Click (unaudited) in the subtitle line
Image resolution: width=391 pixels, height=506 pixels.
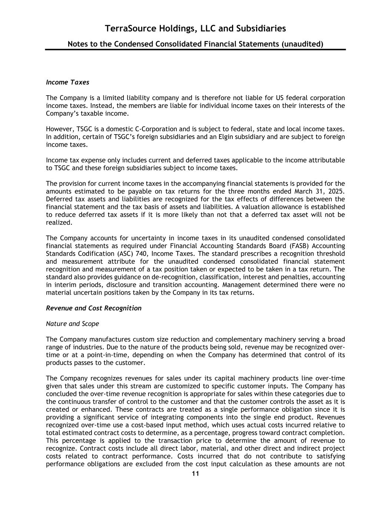click(x=302, y=44)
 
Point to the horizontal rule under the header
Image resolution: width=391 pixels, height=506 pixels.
click(x=195, y=50)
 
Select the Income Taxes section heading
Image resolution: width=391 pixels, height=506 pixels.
click(x=67, y=82)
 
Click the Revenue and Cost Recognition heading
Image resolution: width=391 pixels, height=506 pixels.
click(x=93, y=308)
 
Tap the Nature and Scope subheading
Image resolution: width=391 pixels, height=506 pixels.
click(x=72, y=324)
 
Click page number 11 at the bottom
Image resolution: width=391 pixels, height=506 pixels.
click(x=195, y=474)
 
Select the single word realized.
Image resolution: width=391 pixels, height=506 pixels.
click(x=59, y=222)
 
